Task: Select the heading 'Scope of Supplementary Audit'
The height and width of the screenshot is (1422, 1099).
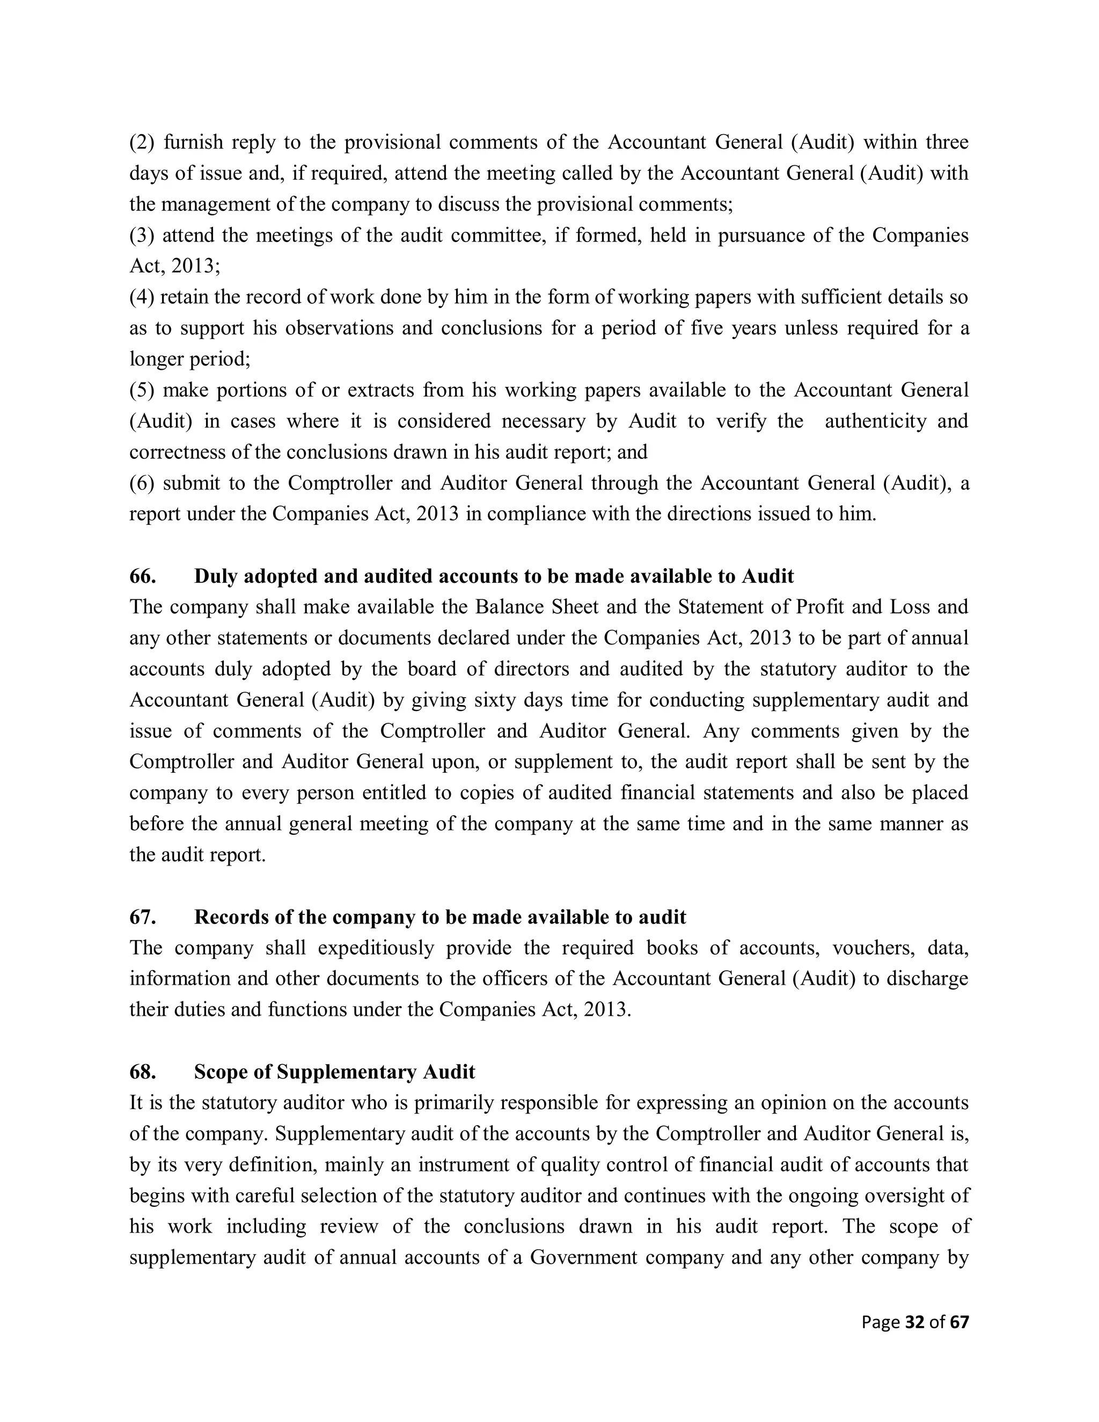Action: (x=335, y=1072)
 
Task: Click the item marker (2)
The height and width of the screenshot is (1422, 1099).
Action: (x=140, y=142)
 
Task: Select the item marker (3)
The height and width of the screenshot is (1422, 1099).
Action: (x=140, y=235)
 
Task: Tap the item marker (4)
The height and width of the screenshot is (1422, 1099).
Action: (x=140, y=297)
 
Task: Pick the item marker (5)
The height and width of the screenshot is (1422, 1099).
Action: (x=140, y=390)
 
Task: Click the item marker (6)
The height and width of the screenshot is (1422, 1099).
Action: (x=140, y=483)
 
